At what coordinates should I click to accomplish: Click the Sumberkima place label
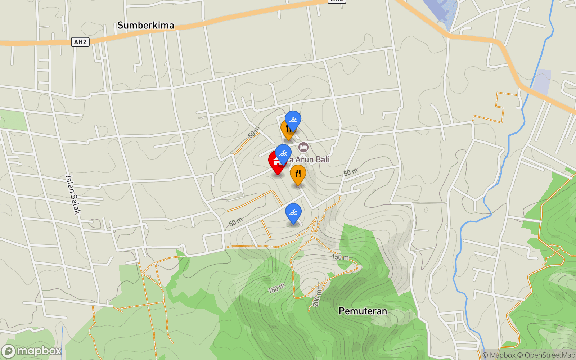146,25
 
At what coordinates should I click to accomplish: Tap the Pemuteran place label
363,311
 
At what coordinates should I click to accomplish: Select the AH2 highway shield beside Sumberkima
80,42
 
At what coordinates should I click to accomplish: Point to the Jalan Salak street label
73,194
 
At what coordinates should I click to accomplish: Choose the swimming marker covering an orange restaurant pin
293,120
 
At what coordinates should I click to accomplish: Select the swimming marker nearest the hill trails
293,213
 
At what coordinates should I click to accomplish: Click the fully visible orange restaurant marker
298,174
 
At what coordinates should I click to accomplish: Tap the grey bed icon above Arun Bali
303,147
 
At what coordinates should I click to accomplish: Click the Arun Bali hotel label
312,159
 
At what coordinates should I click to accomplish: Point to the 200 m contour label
317,298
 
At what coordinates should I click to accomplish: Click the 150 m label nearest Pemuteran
340,257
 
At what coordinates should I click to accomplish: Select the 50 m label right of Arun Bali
350,172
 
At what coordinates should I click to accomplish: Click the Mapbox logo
32,351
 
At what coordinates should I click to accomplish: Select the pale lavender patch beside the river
541,81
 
